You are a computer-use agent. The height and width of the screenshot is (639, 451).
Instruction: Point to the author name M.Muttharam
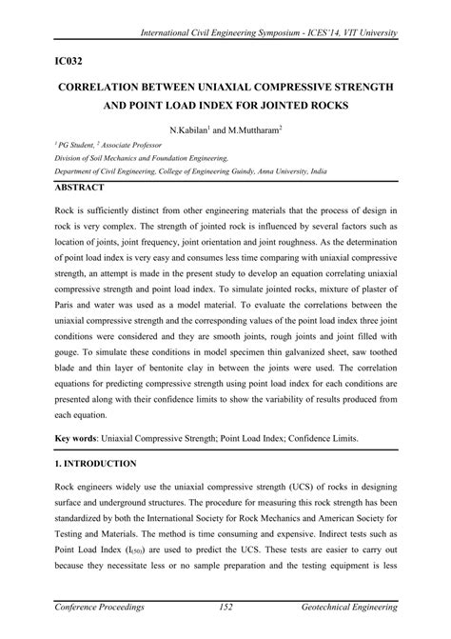coord(253,127)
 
